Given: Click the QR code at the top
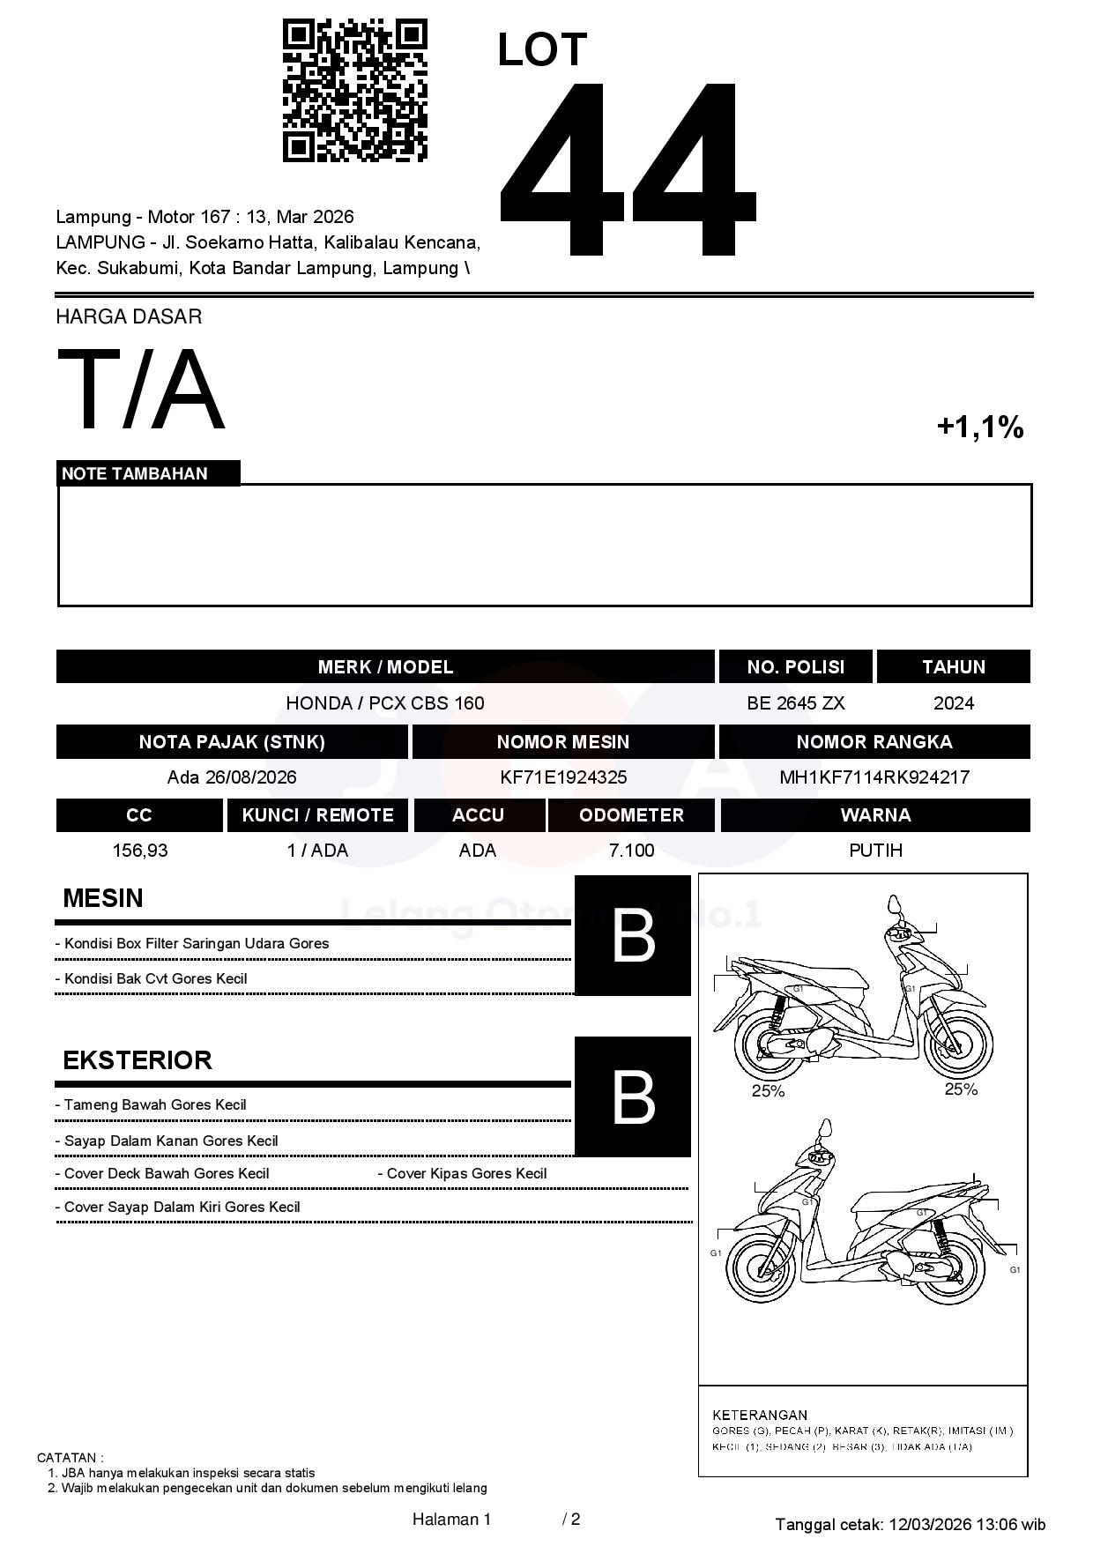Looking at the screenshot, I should [x=354, y=91].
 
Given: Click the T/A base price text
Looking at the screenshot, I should [x=141, y=390].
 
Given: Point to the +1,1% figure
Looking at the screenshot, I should [x=979, y=427].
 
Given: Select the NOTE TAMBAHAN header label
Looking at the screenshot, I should [x=135, y=473].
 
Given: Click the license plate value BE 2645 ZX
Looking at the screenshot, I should [x=795, y=703].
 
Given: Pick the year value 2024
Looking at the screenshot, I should [x=953, y=703].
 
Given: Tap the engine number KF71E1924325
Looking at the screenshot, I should [x=563, y=777].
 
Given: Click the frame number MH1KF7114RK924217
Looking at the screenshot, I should [x=874, y=777].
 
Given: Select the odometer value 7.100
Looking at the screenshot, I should [x=631, y=851].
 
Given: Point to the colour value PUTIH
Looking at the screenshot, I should [x=875, y=851].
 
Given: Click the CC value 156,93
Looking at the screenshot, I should [x=140, y=851].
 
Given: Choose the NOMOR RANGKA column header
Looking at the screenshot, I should [x=874, y=742].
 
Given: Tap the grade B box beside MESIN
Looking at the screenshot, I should [x=633, y=936].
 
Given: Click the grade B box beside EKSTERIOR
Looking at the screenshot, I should [x=633, y=1097].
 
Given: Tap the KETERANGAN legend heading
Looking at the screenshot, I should [x=760, y=1415].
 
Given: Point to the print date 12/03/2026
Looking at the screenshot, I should [x=930, y=1524].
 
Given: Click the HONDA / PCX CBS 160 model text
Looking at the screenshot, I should [x=385, y=703].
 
